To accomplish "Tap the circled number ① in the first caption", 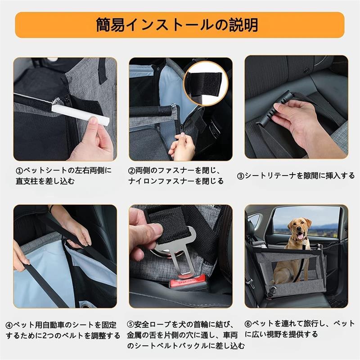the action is tap(19, 171).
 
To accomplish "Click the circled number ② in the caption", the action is tap(131, 171).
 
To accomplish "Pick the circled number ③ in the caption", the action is tap(241, 176).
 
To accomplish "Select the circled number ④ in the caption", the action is tap(9, 325).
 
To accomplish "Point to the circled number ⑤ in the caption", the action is tap(130, 324).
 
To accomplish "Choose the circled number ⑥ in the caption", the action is tap(248, 324).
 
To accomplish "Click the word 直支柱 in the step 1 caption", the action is tap(27, 181).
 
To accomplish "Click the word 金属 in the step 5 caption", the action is tap(134, 335).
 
